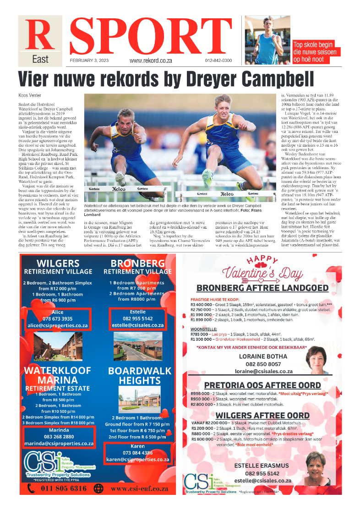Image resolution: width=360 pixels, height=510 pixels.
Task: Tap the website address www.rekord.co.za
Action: (x=150, y=60)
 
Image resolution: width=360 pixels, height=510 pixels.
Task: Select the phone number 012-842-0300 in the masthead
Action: (x=218, y=60)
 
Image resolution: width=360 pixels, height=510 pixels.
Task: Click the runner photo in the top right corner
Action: (x=267, y=40)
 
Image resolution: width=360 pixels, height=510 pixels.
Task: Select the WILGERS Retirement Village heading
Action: (x=58, y=266)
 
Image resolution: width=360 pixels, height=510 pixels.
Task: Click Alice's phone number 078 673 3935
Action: (x=58, y=318)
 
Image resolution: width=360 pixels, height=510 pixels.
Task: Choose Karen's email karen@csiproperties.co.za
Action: (x=137, y=459)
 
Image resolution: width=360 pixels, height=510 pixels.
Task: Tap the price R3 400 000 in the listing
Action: (x=203, y=304)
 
